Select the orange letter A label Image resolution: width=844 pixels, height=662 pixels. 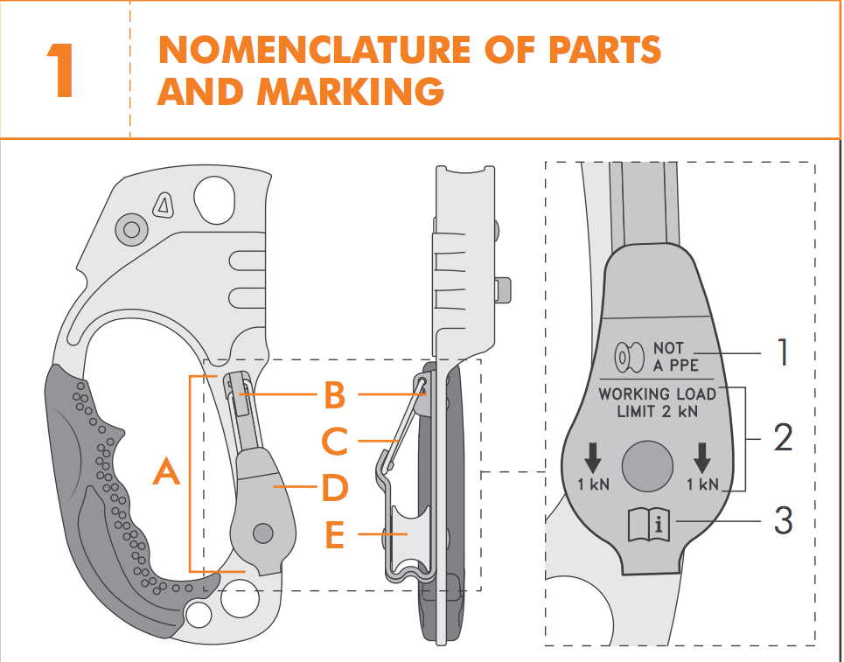click(x=166, y=473)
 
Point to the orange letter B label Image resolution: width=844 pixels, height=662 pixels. click(x=334, y=395)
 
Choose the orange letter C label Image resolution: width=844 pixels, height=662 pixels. click(x=334, y=442)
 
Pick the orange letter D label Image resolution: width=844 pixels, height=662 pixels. click(x=334, y=488)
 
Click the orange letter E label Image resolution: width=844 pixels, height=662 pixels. click(x=334, y=534)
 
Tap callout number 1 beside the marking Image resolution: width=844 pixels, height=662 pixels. click(x=784, y=352)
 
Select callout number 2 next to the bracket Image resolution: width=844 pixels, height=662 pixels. click(x=783, y=436)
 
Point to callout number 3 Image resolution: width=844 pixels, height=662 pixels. click(x=783, y=521)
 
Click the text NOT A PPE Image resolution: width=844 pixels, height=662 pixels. click(x=676, y=356)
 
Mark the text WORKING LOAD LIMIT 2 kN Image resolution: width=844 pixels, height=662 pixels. click(x=657, y=402)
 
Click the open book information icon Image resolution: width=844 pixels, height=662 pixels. click(x=648, y=526)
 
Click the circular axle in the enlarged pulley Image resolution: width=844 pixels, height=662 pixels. click(x=647, y=463)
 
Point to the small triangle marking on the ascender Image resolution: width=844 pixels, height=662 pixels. click(x=162, y=206)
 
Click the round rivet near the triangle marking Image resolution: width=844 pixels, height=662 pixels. click(x=131, y=229)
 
